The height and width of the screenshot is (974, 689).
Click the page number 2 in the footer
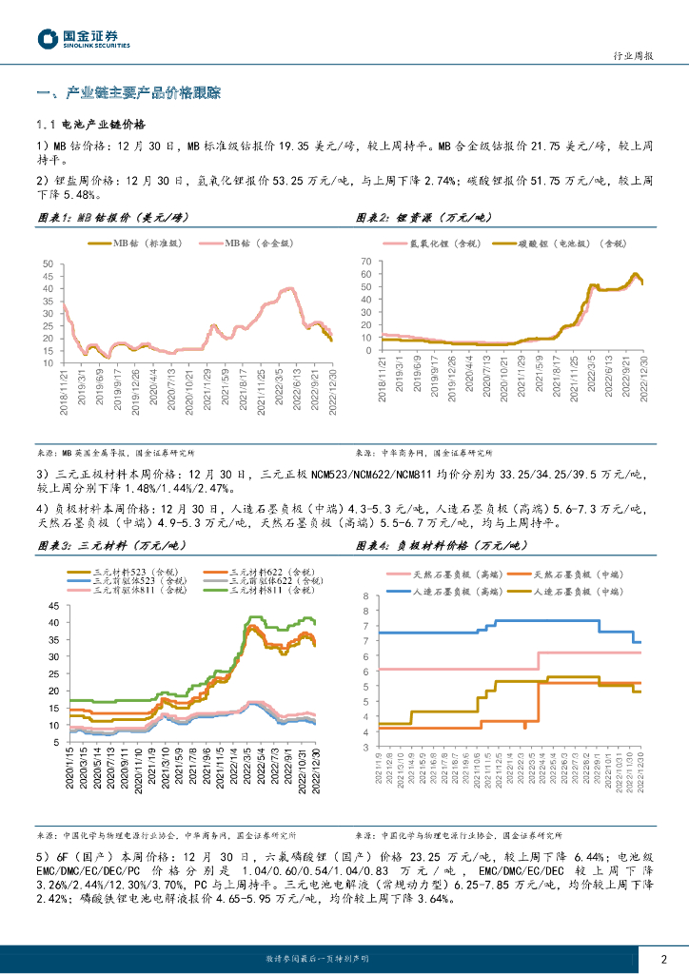(663, 959)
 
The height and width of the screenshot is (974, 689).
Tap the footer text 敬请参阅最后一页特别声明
(315, 959)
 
